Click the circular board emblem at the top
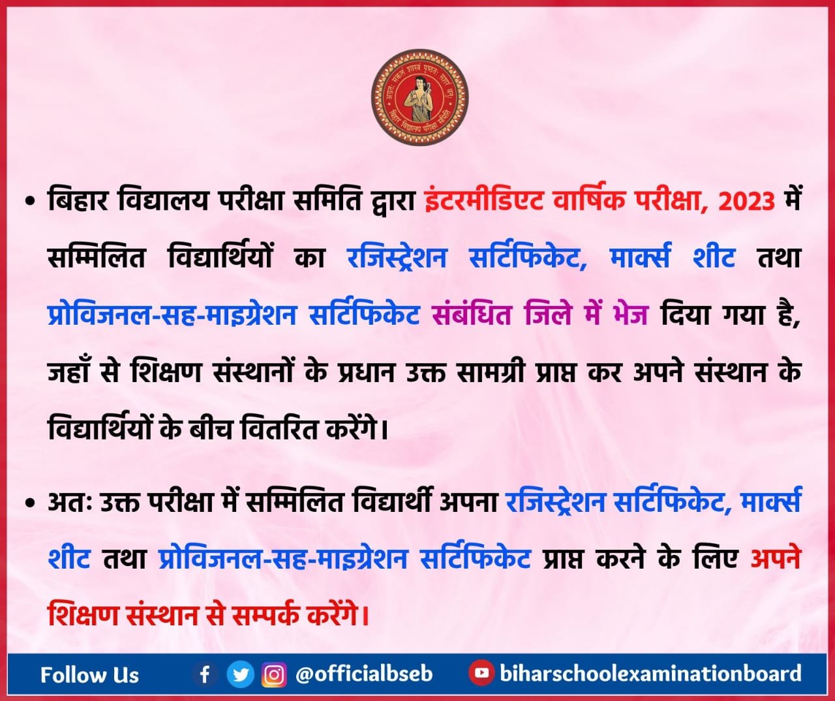(x=419, y=97)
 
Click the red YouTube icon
(x=481, y=673)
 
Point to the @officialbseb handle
(x=364, y=674)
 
